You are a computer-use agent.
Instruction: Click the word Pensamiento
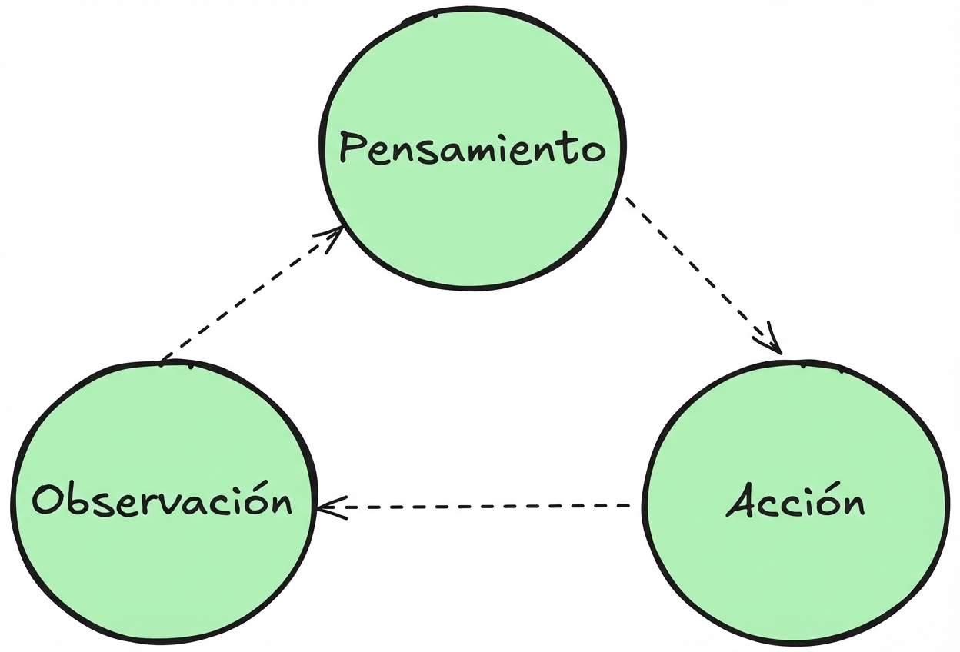pyautogui.click(x=472, y=148)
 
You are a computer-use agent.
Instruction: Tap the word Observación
pyautogui.click(x=162, y=500)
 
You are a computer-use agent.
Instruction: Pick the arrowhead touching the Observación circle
pyautogui.click(x=326, y=507)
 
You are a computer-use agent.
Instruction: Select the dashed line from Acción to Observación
pyautogui.click(x=485, y=507)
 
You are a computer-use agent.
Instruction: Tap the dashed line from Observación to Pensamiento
pyautogui.click(x=246, y=296)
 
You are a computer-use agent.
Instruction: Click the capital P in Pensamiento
pyautogui.click(x=352, y=148)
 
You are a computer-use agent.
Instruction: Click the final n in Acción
pyautogui.click(x=852, y=505)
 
